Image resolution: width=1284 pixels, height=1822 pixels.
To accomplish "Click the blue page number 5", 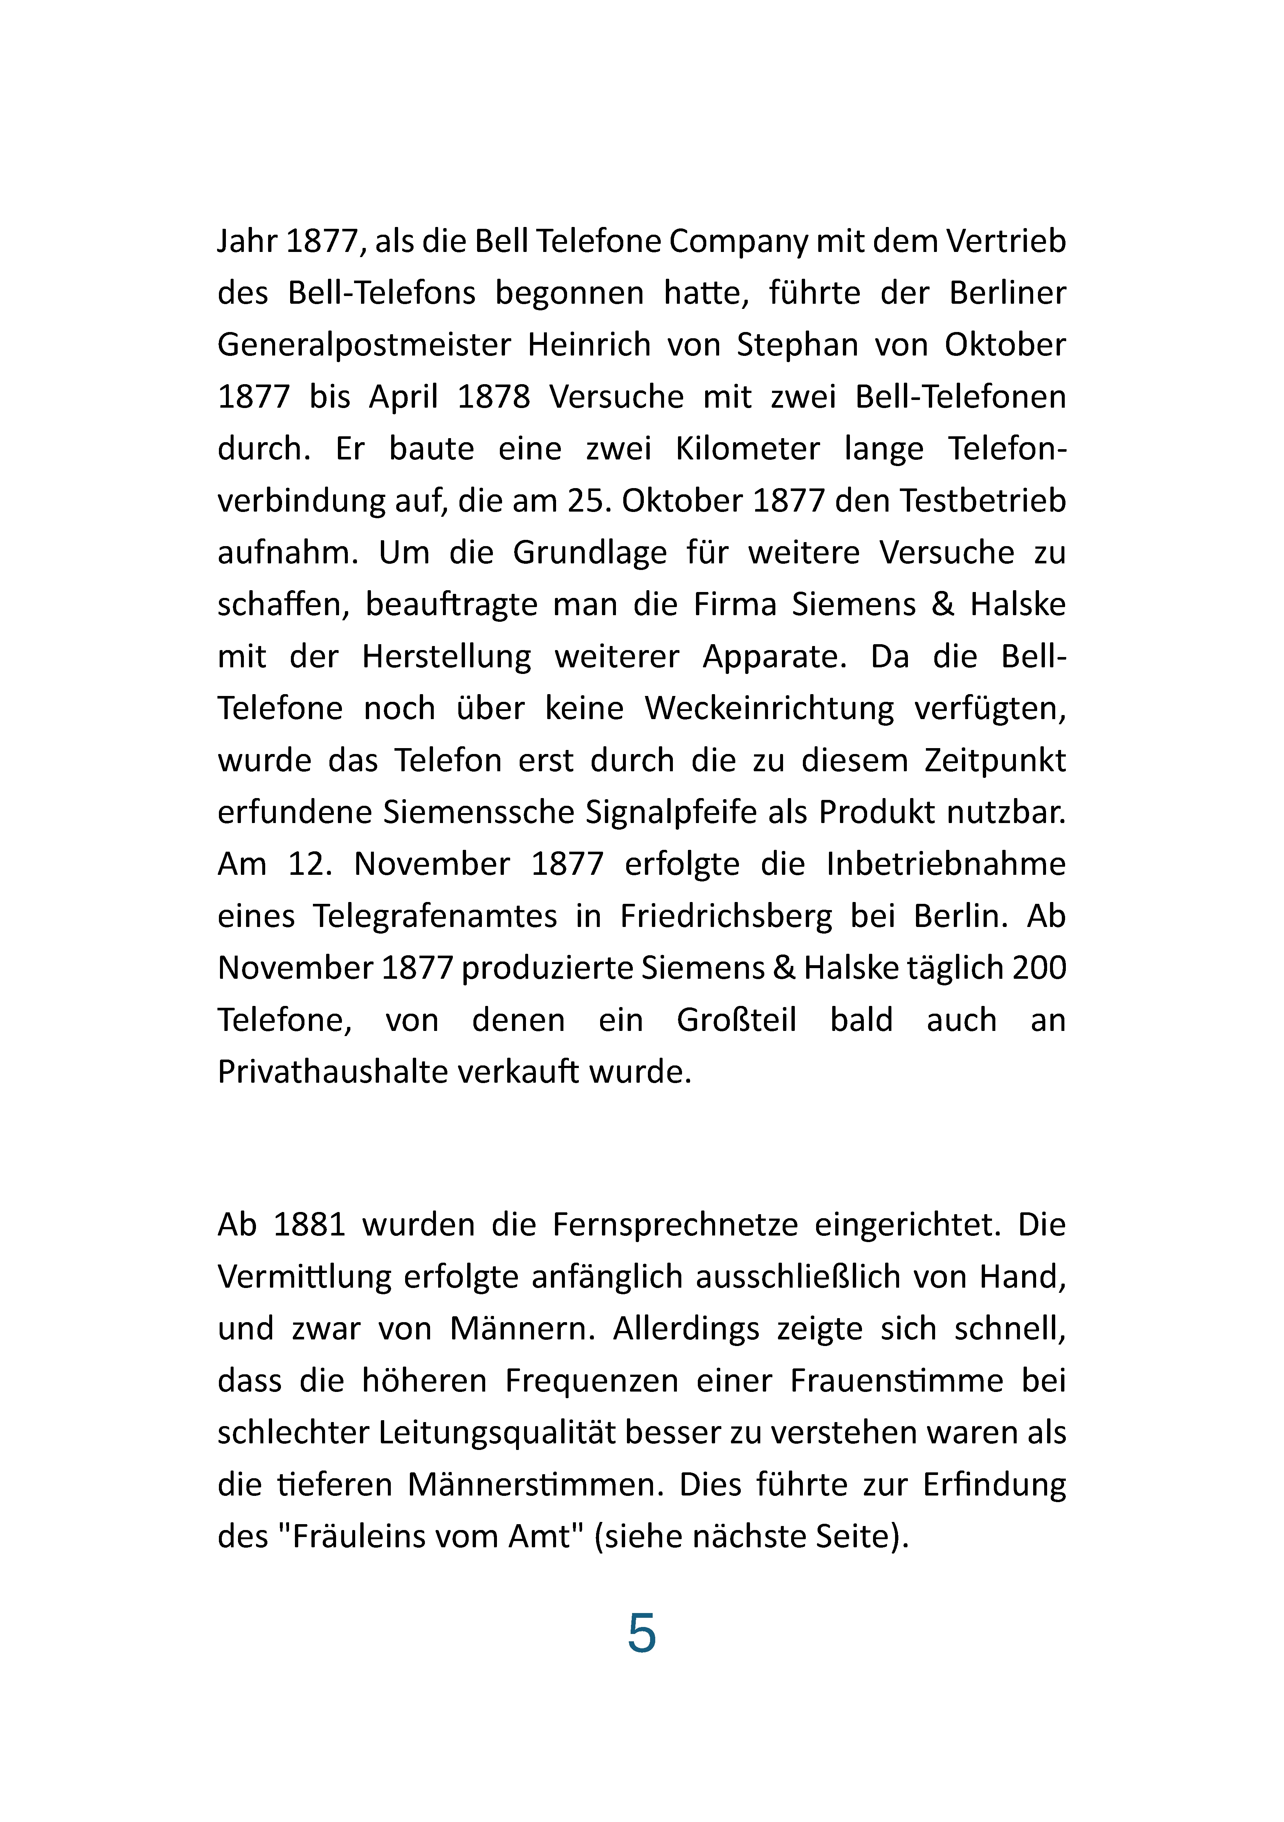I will click(641, 1633).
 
